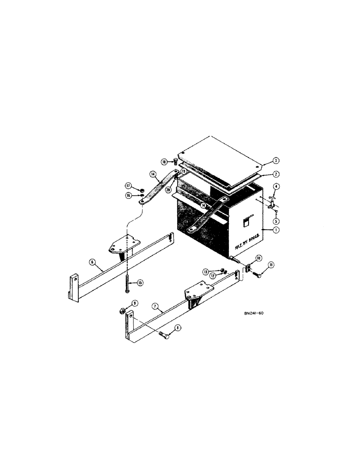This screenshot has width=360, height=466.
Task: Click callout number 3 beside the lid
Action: point(276,161)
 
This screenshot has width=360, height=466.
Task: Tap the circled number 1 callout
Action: point(276,230)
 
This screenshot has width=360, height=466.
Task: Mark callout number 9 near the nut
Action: point(135,303)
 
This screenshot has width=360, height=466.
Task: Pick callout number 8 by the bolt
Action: point(178,328)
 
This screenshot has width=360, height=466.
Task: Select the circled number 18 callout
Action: point(164,161)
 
